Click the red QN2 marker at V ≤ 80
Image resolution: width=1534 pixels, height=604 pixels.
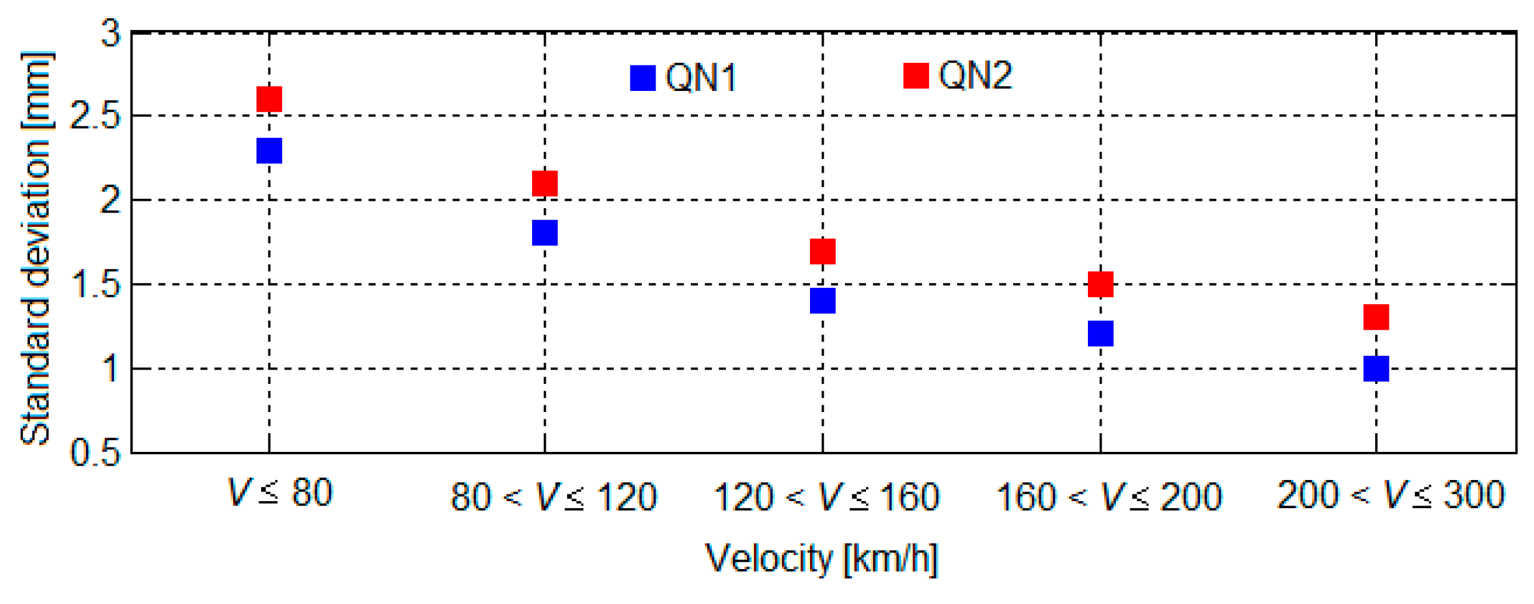269,99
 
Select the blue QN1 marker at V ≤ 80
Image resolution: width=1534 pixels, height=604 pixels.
269,151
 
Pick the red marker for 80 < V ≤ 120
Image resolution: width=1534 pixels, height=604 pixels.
545,183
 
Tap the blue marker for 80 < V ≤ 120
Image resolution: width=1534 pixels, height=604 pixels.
545,232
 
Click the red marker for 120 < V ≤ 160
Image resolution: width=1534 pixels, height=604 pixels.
823,251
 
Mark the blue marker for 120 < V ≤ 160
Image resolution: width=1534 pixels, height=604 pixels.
823,300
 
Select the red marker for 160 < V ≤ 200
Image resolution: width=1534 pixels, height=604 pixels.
1101,284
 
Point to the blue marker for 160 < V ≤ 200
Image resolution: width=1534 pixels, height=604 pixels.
1101,333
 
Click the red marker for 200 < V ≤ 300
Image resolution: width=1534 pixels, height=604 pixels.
1376,317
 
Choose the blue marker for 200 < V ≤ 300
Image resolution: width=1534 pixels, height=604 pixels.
1376,368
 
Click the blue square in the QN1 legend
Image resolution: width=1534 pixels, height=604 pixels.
643,78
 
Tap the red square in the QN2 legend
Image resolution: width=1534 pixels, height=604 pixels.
917,75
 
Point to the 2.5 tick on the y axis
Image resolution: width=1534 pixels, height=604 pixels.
95,116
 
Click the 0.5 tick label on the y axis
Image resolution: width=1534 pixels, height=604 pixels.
95,453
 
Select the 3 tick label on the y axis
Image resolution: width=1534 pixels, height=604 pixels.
111,33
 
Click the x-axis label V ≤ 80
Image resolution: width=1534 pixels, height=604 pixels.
280,492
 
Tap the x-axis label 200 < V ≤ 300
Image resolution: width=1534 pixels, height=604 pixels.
1391,495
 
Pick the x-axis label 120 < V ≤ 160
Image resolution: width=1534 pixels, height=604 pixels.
826,497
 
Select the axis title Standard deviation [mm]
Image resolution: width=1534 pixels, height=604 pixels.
36,249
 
